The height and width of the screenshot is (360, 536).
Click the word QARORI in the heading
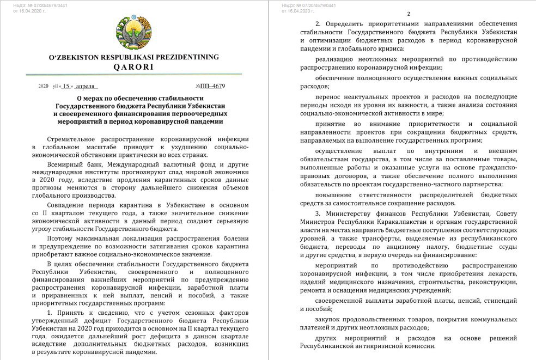(x=133, y=67)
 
